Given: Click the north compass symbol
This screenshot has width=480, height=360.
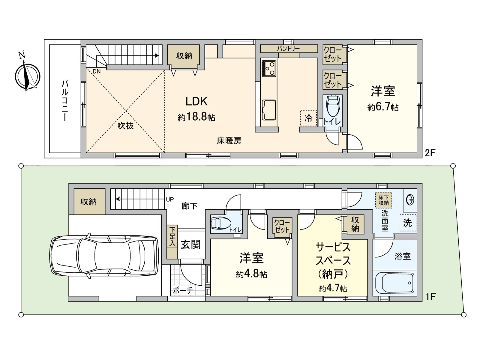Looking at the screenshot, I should [x=27, y=75].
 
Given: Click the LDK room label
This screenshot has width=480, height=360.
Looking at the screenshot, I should [x=196, y=101].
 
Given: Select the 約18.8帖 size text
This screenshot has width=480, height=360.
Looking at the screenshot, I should [x=196, y=117].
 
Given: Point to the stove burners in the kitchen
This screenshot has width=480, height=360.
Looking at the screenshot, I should [x=268, y=69].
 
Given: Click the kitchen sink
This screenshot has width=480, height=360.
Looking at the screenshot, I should [x=269, y=110].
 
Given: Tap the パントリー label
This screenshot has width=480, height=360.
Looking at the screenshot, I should [x=288, y=48].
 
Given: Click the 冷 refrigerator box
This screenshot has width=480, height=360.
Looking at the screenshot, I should [x=308, y=118].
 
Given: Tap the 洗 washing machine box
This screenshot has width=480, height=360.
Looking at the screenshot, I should [x=407, y=223].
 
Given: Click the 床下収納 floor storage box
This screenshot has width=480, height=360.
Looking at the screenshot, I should [x=383, y=200].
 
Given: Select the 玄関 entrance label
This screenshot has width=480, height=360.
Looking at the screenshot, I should [x=190, y=244].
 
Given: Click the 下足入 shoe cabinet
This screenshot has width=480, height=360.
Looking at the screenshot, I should [x=172, y=242].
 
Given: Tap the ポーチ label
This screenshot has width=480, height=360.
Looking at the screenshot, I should [x=183, y=291].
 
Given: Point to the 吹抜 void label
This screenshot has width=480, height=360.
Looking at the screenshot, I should [x=125, y=126].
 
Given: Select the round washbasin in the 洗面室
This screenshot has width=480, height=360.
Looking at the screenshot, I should [x=410, y=199].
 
